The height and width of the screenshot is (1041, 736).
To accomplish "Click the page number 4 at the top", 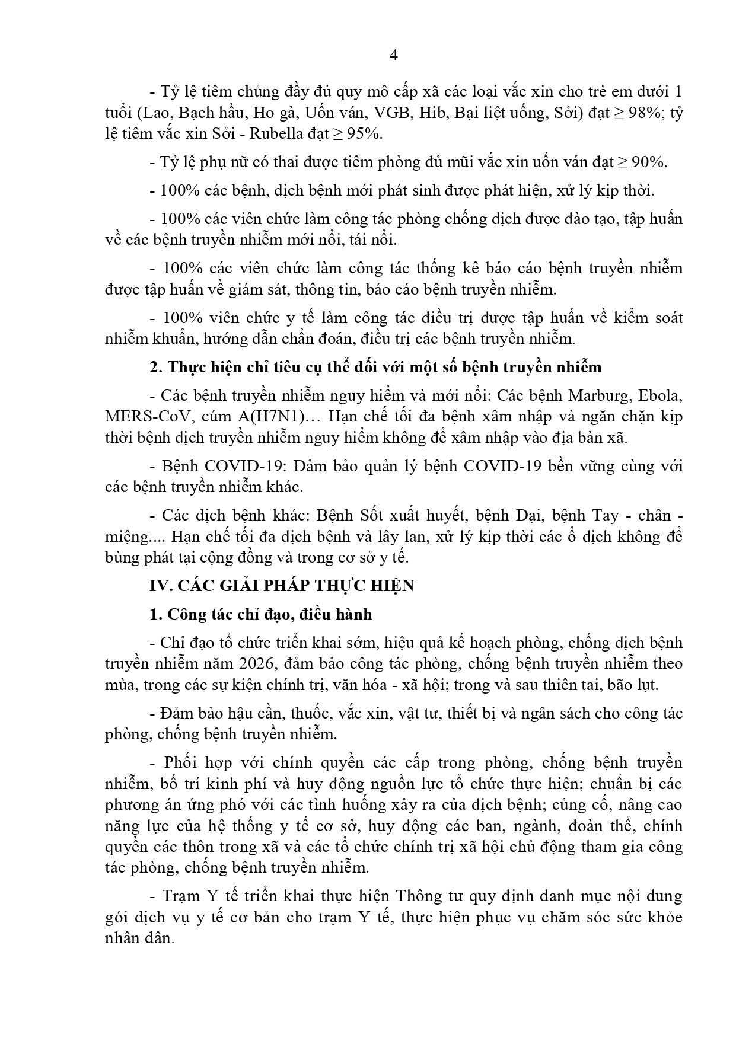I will click(x=393, y=55).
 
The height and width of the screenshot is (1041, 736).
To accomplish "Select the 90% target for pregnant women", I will click(x=648, y=162).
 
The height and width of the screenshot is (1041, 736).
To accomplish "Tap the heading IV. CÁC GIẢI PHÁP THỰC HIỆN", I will click(x=282, y=586).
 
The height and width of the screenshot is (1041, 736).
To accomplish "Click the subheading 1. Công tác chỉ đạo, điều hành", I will click(x=261, y=614).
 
